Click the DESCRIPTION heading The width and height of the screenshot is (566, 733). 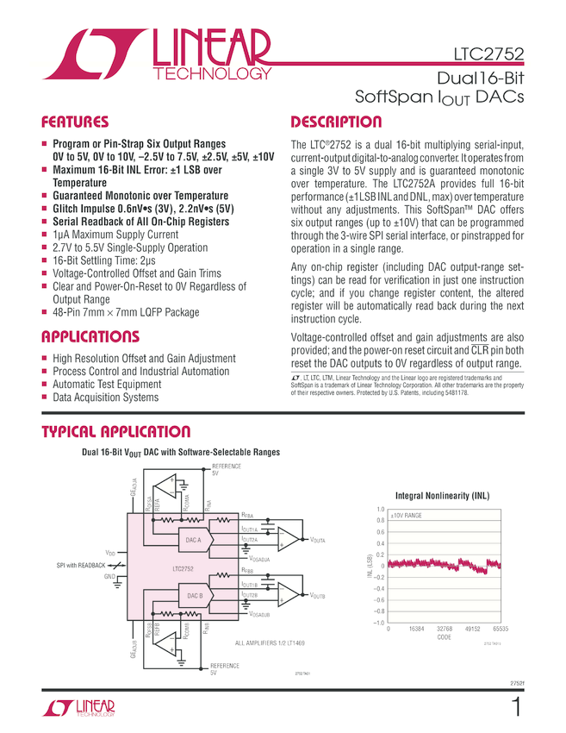pyautogui.click(x=336, y=122)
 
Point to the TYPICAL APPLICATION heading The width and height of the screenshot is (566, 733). pyautogui.click(x=115, y=432)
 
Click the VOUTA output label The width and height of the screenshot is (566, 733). pyautogui.click(x=318, y=539)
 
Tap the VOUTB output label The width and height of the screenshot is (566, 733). pyautogui.click(x=318, y=595)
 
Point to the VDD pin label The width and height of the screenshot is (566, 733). pyautogui.click(x=110, y=552)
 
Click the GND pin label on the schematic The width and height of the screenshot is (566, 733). pyautogui.click(x=109, y=575)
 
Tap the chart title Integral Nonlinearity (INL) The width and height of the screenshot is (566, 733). pyautogui.click(x=442, y=496)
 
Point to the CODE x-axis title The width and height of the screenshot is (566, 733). pyautogui.click(x=444, y=638)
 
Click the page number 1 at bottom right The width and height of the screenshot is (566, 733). pyautogui.click(x=515, y=709)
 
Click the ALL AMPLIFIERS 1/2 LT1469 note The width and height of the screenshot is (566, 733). pyautogui.click(x=270, y=643)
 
